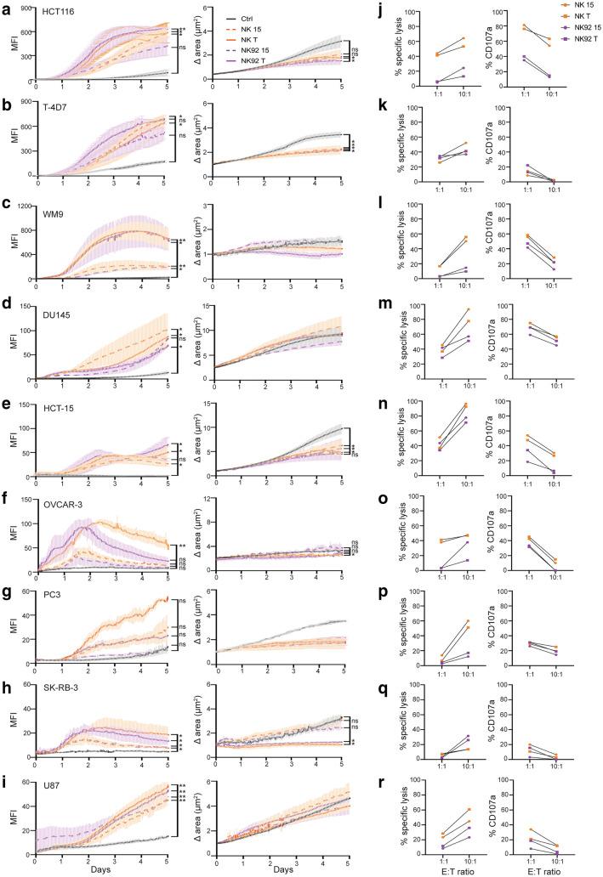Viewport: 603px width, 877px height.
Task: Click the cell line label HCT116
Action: click(57, 14)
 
